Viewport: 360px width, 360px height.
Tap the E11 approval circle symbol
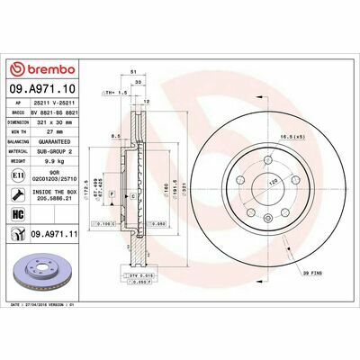pyautogui.click(x=18, y=175)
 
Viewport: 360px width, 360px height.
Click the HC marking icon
pyautogui.click(x=18, y=214)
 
